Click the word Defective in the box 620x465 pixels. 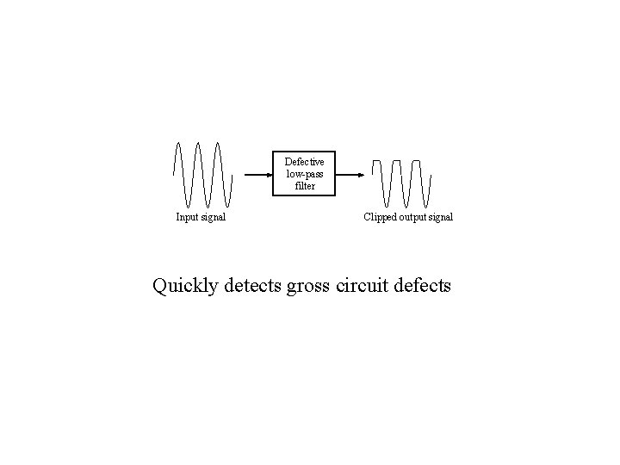coord(305,162)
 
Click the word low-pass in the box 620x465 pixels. coord(305,174)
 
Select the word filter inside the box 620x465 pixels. coord(305,186)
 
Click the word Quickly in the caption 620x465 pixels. coord(185,285)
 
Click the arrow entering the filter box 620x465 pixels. coord(258,174)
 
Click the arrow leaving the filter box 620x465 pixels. coord(349,174)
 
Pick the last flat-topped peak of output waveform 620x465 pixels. coord(418,162)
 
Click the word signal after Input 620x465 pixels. coord(214,218)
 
